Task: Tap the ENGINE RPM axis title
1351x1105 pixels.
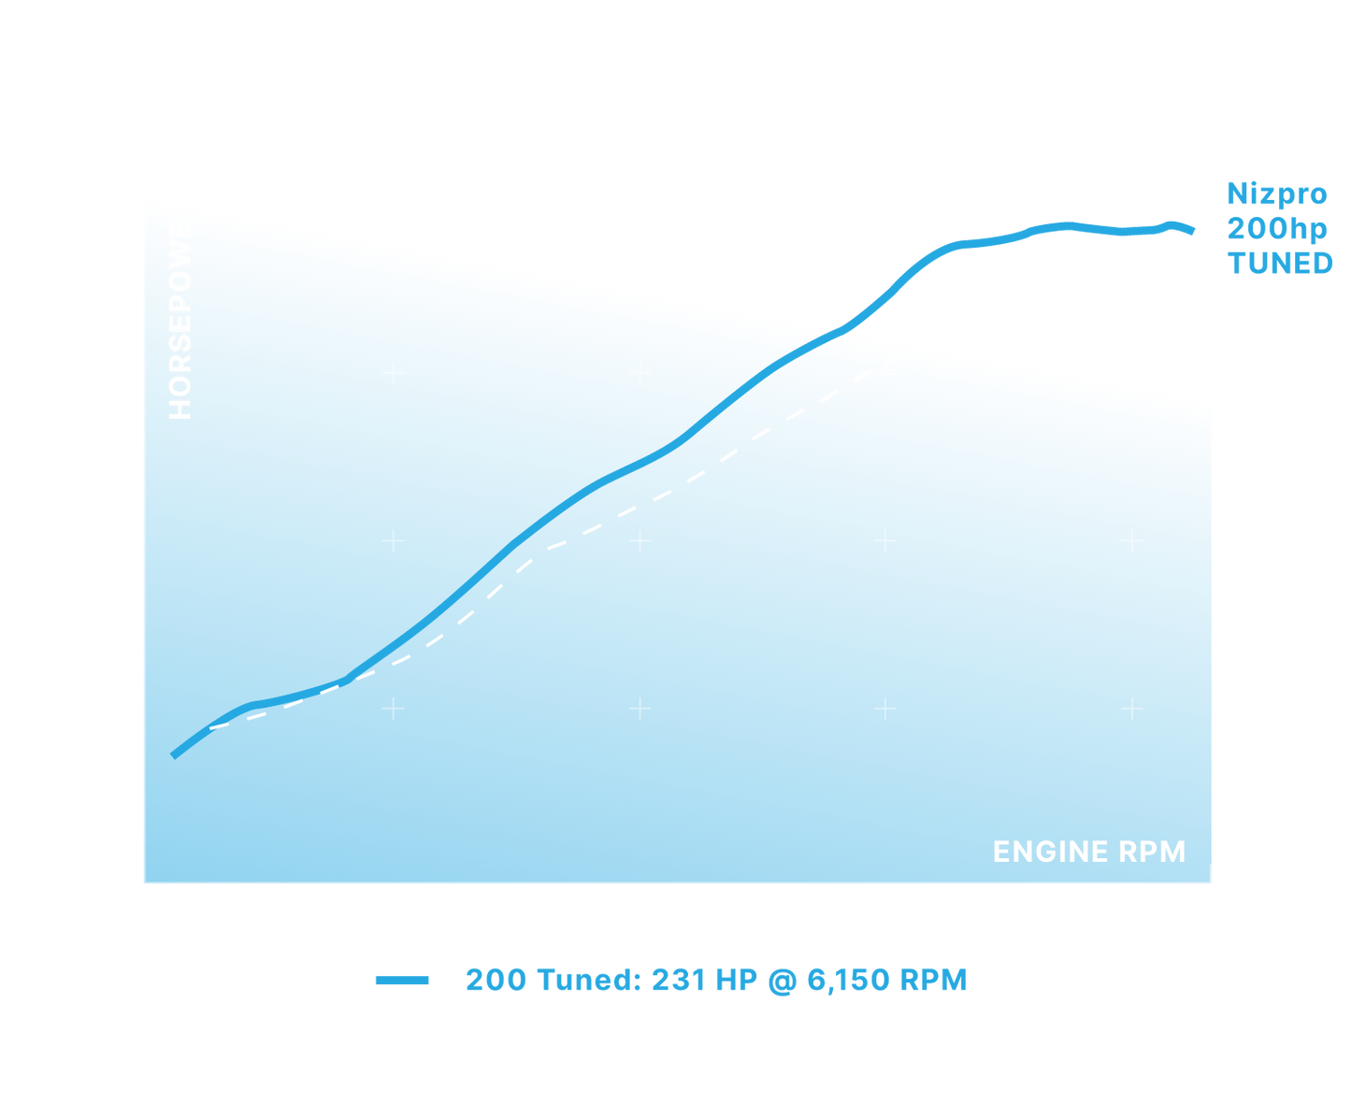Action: coord(1088,852)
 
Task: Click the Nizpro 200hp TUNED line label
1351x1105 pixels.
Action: coord(1278,229)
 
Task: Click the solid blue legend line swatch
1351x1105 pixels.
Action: coord(402,980)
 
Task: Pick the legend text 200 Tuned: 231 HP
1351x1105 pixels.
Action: coord(715,980)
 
